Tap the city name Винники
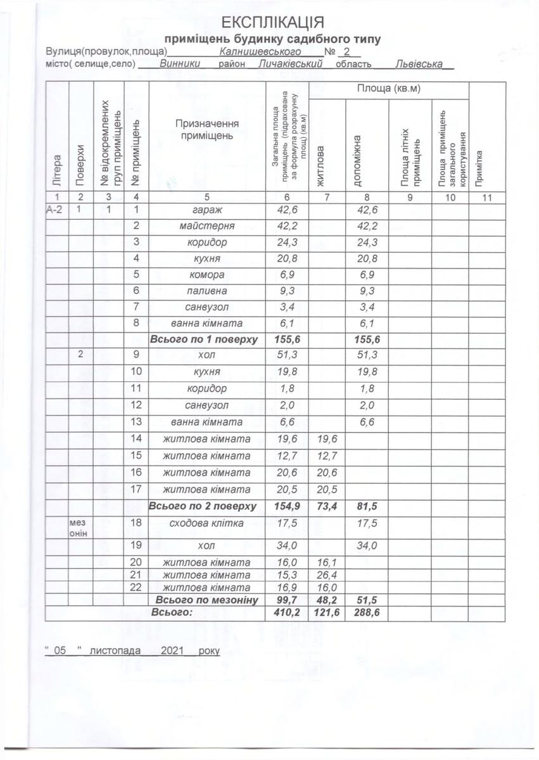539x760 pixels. (181, 64)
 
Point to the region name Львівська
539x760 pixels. (417, 64)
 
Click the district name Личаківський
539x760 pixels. (291, 64)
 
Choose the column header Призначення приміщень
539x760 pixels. (208, 130)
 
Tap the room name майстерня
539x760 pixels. (208, 226)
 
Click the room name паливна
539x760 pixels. (208, 291)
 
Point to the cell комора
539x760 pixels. (208, 275)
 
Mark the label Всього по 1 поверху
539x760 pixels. (203, 339)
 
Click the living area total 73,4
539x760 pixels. (327, 507)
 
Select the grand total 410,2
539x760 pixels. (286, 612)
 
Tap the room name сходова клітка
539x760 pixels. (208, 522)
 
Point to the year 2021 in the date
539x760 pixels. (172, 650)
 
